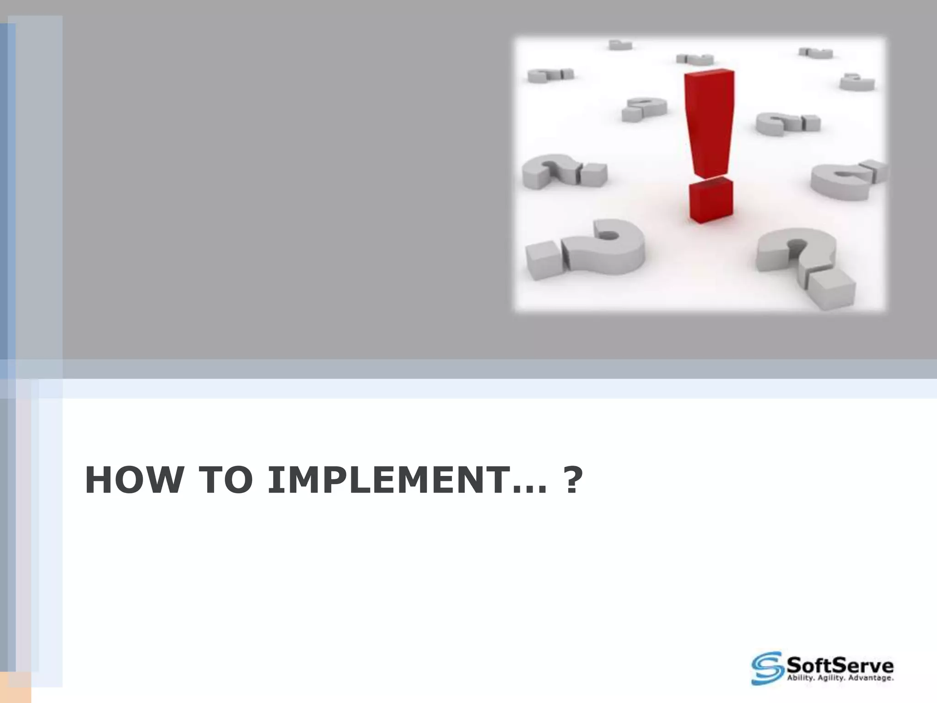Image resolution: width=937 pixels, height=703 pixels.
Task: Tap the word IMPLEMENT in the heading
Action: point(383,481)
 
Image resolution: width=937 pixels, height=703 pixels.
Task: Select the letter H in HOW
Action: point(98,481)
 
